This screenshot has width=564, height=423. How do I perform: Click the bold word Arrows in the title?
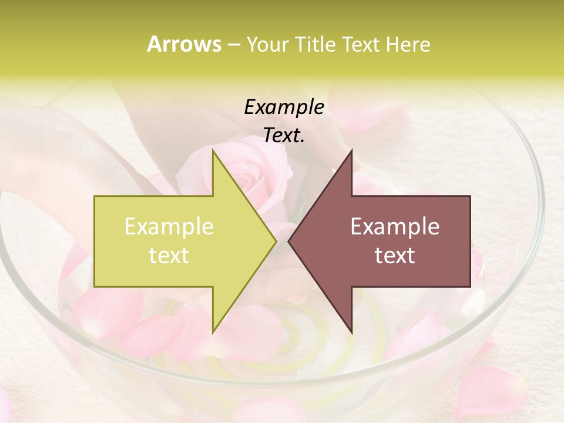(x=184, y=44)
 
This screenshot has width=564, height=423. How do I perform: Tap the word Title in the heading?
(x=318, y=44)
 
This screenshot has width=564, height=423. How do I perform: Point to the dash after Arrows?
(x=234, y=45)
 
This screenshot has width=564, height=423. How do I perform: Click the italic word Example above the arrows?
(x=284, y=108)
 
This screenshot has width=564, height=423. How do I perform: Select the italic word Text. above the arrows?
(x=284, y=136)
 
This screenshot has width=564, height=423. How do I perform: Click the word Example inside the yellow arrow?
(x=169, y=227)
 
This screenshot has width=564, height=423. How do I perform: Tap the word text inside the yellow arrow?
(x=169, y=256)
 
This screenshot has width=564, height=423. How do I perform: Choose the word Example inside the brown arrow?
(x=395, y=227)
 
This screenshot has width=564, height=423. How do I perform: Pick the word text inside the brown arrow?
(x=395, y=256)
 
